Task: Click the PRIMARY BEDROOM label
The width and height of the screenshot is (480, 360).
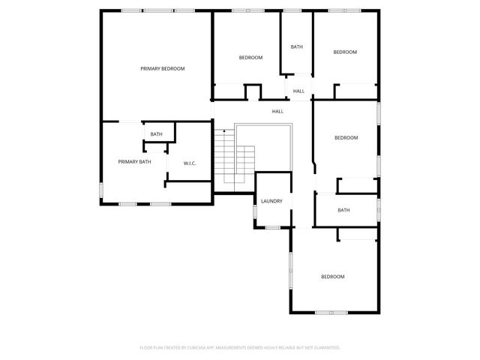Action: coord(162,68)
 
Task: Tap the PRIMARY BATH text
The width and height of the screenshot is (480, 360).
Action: coord(134,161)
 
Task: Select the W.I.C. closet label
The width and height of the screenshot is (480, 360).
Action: coord(190,163)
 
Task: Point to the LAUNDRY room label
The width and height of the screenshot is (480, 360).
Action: coord(271,201)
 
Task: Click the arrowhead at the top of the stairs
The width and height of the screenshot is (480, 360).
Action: coord(223,131)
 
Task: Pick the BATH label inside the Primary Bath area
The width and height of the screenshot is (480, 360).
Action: coord(156,134)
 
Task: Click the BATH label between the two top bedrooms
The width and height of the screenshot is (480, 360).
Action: coord(297,47)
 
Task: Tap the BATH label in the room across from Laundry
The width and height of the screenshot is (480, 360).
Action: coord(343,210)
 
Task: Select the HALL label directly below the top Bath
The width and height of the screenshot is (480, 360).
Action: coord(298,91)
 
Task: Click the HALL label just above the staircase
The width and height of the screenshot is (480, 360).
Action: coord(277,112)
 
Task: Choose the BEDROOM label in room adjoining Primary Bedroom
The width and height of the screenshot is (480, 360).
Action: coord(250,58)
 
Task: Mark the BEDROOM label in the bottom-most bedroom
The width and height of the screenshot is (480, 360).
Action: coord(332,277)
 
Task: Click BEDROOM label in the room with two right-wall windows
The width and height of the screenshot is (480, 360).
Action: coord(346,137)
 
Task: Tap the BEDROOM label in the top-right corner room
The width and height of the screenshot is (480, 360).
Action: coord(345,52)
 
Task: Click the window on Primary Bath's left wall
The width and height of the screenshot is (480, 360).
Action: coord(102,190)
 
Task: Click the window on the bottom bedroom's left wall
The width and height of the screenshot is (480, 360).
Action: coord(291,270)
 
